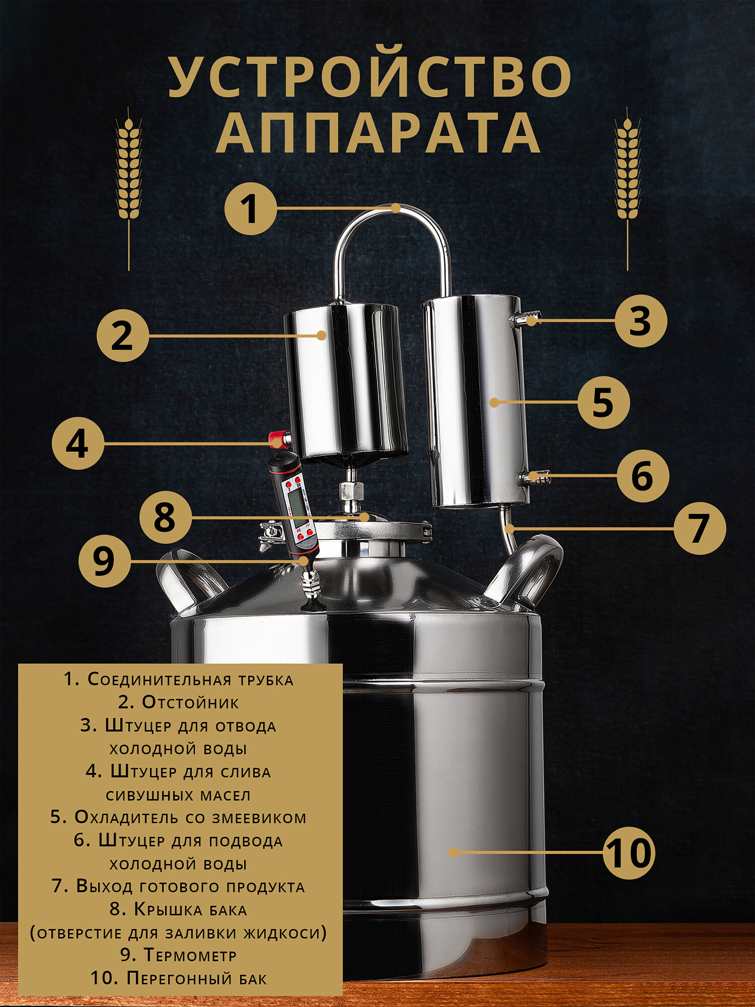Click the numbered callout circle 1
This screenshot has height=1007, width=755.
250,208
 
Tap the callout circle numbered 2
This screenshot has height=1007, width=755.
122,335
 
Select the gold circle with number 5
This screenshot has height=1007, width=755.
603,402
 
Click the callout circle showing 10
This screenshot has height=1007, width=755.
629,853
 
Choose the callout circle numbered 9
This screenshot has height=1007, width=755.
105,561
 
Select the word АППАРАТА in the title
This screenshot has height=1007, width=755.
378,132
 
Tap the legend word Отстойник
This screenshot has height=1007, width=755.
190,702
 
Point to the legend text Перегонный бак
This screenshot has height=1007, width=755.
197,978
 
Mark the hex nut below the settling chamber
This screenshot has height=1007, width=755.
351,490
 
